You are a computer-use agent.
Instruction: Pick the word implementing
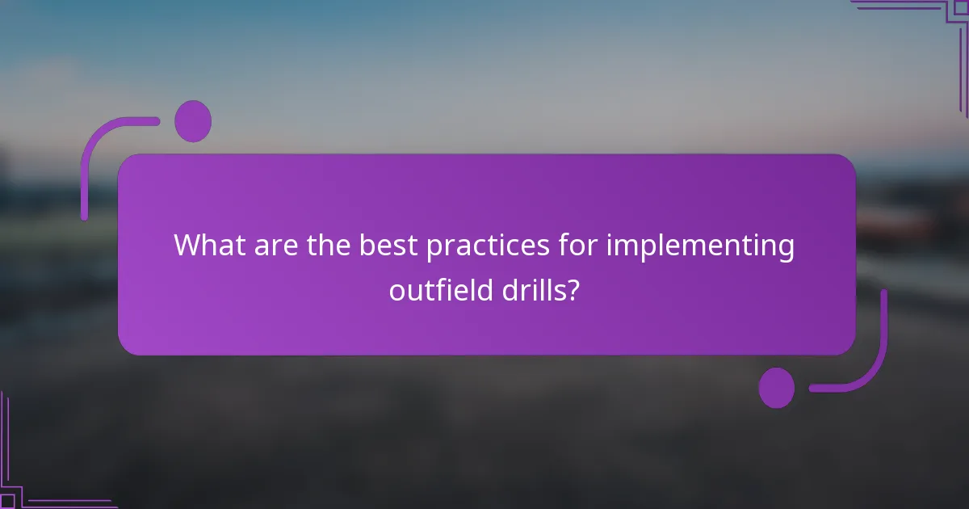(x=700, y=245)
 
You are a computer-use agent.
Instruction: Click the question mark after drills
(x=573, y=290)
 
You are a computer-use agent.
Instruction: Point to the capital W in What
(x=189, y=245)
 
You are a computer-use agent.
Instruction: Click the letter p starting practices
(x=434, y=248)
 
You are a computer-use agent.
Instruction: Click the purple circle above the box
(x=193, y=121)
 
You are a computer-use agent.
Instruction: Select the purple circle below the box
(x=776, y=388)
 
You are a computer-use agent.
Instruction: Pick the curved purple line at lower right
(x=872, y=364)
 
